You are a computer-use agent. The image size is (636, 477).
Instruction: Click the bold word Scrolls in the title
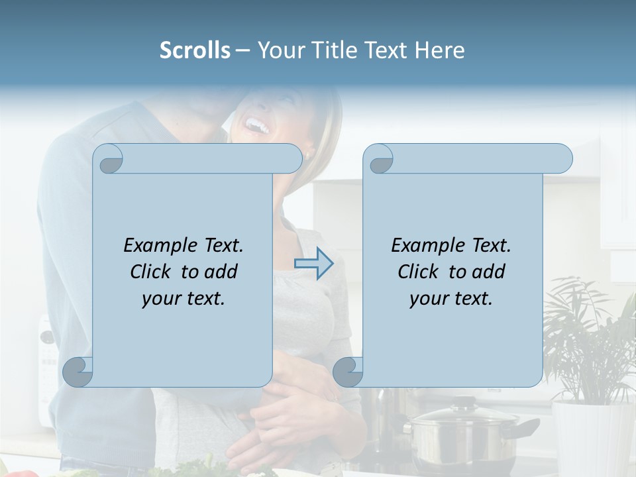(x=195, y=50)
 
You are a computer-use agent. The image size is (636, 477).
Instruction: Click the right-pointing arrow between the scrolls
(x=313, y=264)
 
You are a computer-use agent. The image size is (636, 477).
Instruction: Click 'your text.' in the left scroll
(x=184, y=298)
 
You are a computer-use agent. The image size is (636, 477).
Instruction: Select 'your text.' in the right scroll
(x=451, y=298)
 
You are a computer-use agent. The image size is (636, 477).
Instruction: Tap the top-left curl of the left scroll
(x=109, y=159)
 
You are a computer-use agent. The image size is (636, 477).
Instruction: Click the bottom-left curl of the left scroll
(x=78, y=372)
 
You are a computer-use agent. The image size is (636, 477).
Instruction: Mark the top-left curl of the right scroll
(x=379, y=159)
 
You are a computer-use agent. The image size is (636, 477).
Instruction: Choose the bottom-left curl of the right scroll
(x=348, y=372)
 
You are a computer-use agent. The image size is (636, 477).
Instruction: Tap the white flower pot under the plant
(x=586, y=437)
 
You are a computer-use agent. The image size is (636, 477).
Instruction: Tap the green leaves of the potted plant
(x=590, y=331)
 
